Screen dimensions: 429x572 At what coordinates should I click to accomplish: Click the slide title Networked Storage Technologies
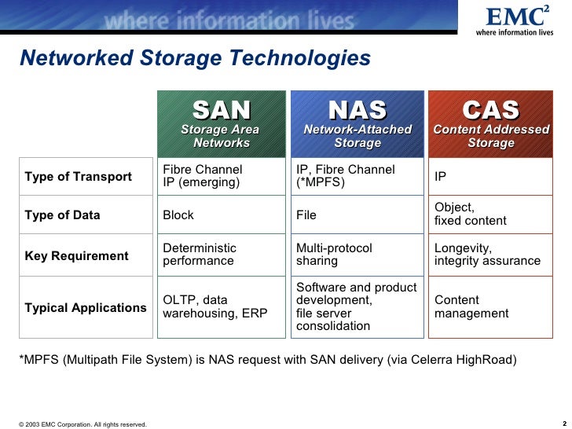tap(194, 58)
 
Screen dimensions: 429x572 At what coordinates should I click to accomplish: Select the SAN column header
tap(222, 123)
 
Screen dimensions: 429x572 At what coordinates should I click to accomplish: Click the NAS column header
tap(357, 123)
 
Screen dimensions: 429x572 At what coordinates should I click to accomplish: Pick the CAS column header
tap(490, 123)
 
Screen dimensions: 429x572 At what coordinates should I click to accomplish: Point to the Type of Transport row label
tap(78, 176)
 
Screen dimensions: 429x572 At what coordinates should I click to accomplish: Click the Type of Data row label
tap(62, 214)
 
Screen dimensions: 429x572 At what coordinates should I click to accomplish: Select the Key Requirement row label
tap(76, 255)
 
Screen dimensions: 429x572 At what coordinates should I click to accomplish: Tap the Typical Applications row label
tap(85, 307)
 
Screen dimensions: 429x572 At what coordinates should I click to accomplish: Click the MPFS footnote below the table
tap(268, 360)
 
